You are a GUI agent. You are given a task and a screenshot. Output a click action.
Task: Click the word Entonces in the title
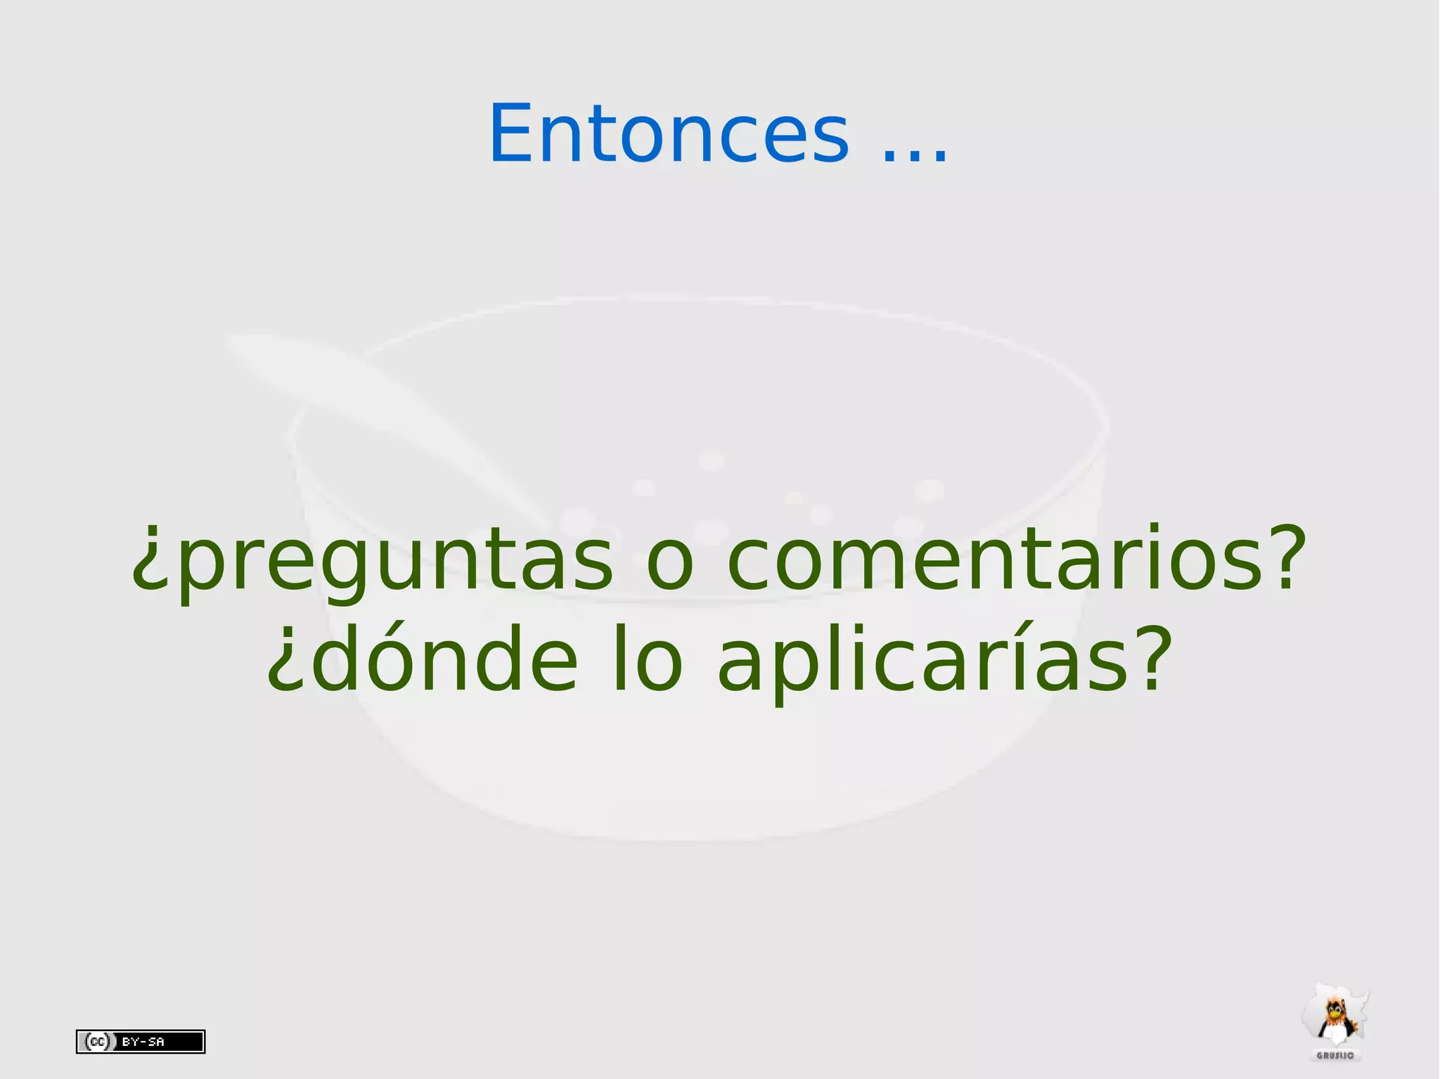pos(668,134)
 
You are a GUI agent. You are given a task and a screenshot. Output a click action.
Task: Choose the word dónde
pos(443,661)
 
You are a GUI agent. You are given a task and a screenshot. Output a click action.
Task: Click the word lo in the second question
pos(647,661)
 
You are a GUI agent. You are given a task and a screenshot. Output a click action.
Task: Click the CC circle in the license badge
pos(96,1041)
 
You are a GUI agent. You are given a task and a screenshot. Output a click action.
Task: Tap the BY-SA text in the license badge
pos(143,1042)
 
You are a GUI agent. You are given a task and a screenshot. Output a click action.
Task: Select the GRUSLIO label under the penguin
pos(1335,1056)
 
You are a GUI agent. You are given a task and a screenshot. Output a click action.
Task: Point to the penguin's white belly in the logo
pos(1334,1033)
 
